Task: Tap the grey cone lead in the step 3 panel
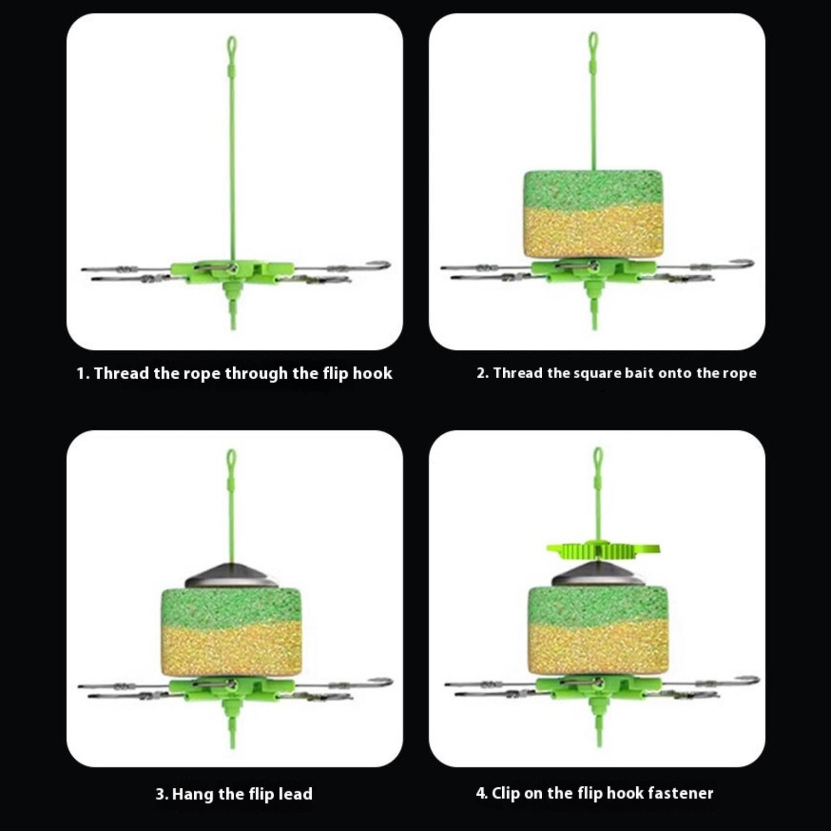232,575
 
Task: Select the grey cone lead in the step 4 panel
598,573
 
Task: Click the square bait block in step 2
593,214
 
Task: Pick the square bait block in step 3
232,632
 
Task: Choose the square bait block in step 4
598,631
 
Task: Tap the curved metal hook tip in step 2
748,263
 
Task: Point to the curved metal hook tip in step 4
754,679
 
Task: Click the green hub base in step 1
232,272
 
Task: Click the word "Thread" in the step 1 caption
122,373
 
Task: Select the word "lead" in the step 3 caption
296,794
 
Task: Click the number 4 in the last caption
480,793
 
